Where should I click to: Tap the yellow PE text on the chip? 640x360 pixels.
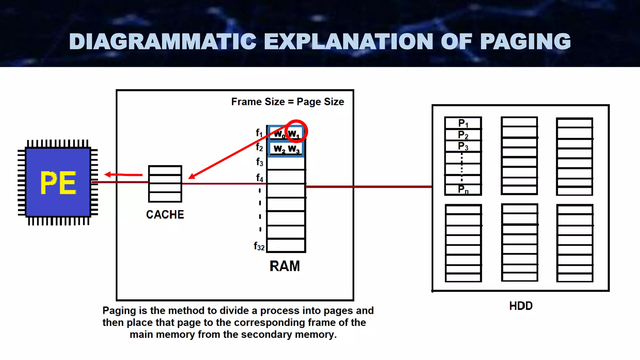(58, 183)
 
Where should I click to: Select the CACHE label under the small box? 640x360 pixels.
(165, 215)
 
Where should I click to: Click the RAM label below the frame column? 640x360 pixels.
(284, 266)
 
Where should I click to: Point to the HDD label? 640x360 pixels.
(521, 306)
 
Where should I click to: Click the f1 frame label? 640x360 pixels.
(259, 133)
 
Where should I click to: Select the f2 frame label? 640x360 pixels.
(259, 147)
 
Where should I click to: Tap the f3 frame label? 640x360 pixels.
(259, 162)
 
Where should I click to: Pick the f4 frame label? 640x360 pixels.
(259, 178)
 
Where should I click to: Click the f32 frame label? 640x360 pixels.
(259, 247)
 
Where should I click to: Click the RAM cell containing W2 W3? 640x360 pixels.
(286, 149)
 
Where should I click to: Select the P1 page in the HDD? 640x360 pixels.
(463, 123)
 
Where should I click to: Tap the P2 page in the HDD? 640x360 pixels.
(463, 135)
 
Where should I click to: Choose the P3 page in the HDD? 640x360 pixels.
(463, 146)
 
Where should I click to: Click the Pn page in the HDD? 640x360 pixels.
(463, 189)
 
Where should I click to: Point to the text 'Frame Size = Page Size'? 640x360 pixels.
(287, 102)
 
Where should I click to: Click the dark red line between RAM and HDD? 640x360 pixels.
(369, 187)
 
